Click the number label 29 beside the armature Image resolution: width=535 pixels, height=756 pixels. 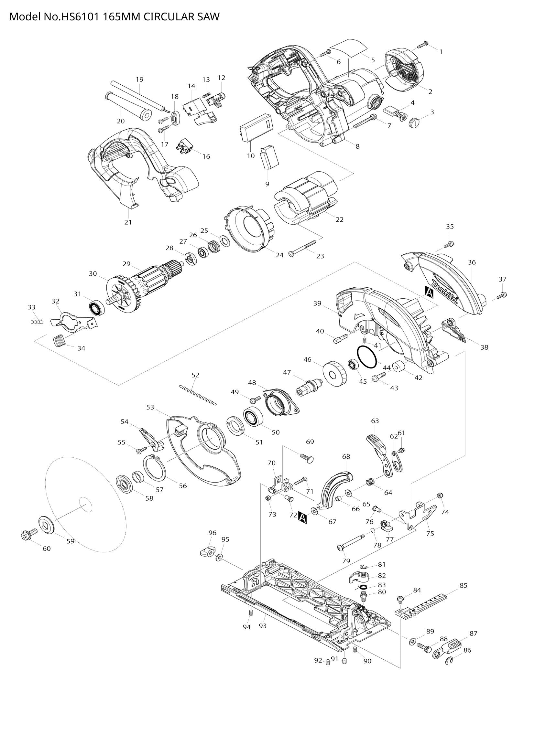coord(126,264)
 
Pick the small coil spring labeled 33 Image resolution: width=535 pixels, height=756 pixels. coord(36,321)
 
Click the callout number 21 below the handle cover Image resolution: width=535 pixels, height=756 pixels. coord(128,222)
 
